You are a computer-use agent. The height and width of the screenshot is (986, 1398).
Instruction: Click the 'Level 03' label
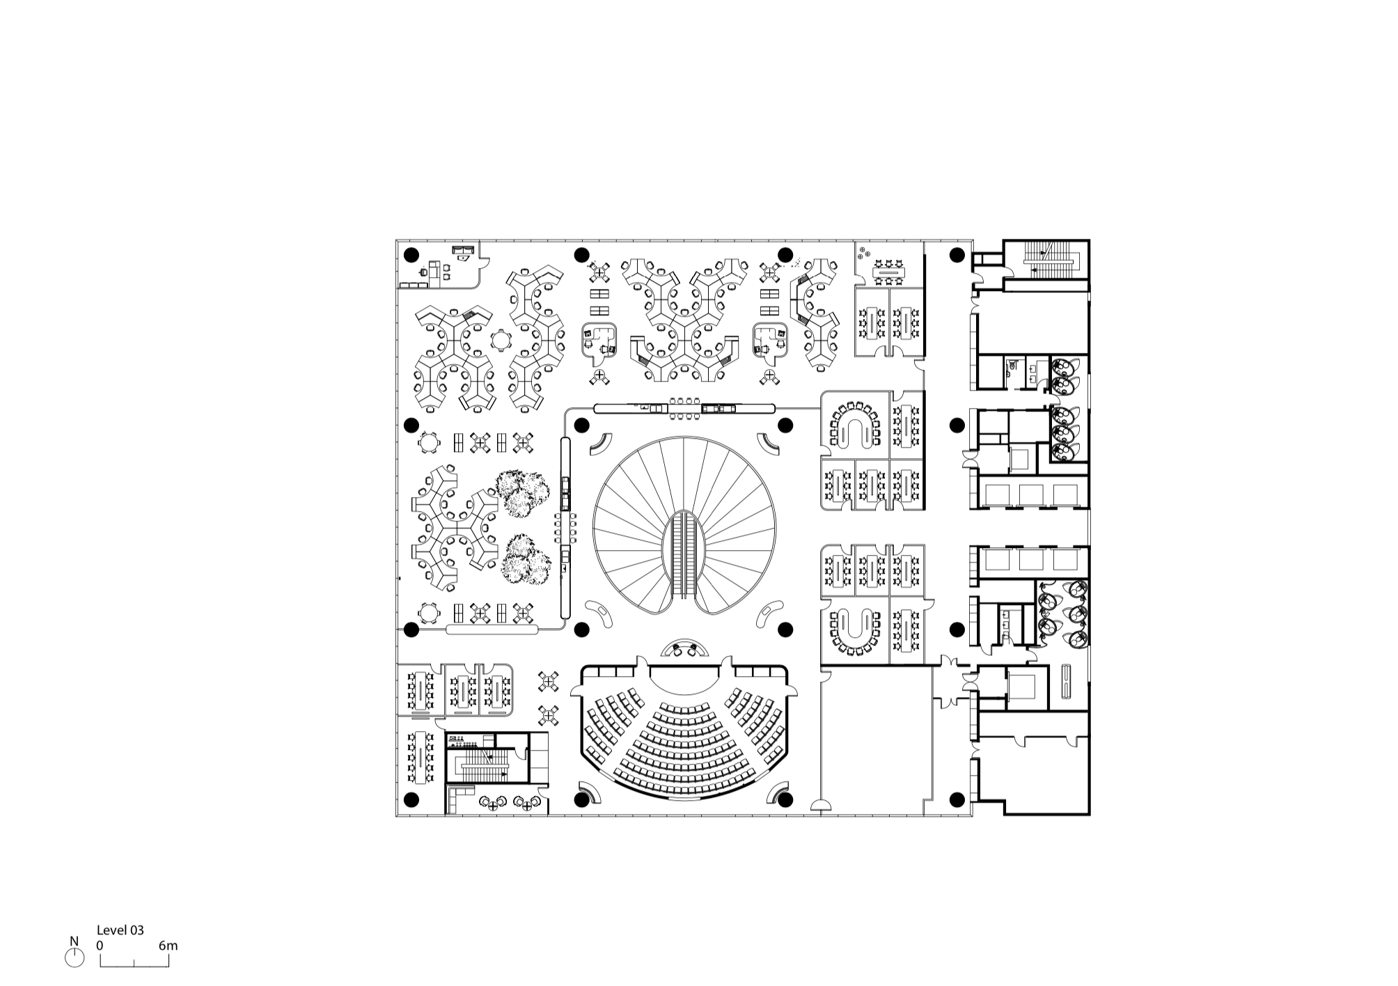point(120,930)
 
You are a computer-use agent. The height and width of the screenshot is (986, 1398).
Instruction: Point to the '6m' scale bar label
point(168,946)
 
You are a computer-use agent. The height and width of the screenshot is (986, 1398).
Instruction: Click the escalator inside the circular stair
point(684,555)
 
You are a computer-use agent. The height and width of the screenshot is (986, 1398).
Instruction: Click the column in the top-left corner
point(411,253)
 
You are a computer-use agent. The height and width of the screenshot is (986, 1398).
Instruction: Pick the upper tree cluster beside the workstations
point(519,493)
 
